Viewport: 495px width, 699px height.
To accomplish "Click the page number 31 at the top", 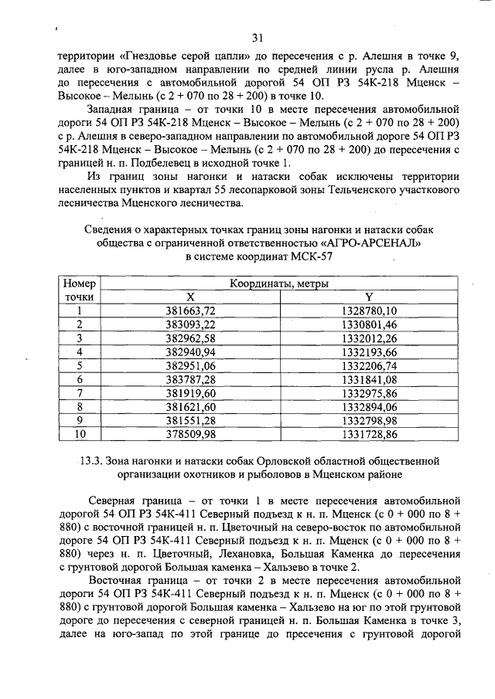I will pos(258,37).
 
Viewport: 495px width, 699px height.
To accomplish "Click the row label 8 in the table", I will pos(79,407).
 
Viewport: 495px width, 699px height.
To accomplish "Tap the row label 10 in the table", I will pos(79,435).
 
